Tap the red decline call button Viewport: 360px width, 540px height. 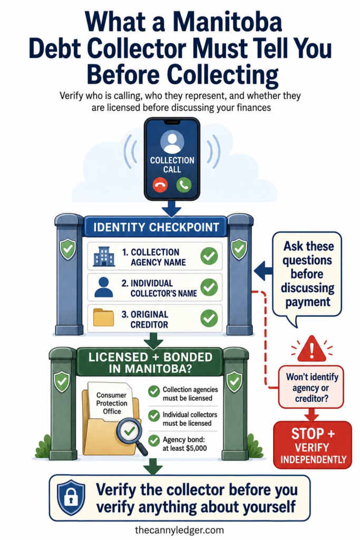(160, 185)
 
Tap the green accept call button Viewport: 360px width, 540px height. (184, 185)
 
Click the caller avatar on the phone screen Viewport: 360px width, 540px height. (172, 141)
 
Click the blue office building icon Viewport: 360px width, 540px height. (104, 256)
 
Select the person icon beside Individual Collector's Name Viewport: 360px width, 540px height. (103, 287)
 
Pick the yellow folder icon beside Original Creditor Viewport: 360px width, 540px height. (104, 317)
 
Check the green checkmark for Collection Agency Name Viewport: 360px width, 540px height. (209, 256)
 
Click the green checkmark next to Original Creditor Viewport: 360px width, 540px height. (209, 318)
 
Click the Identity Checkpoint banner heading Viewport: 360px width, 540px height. (156, 227)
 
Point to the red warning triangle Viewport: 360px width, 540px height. (312, 349)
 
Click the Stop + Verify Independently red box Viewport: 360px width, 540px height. (313, 445)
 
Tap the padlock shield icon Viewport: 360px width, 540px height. (71, 498)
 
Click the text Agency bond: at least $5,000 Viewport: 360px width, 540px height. (185, 444)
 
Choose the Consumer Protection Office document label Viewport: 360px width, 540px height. (112, 403)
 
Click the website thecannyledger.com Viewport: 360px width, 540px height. (179, 530)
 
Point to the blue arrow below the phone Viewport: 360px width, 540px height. (172, 208)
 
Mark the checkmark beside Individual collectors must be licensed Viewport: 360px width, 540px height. (154, 416)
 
